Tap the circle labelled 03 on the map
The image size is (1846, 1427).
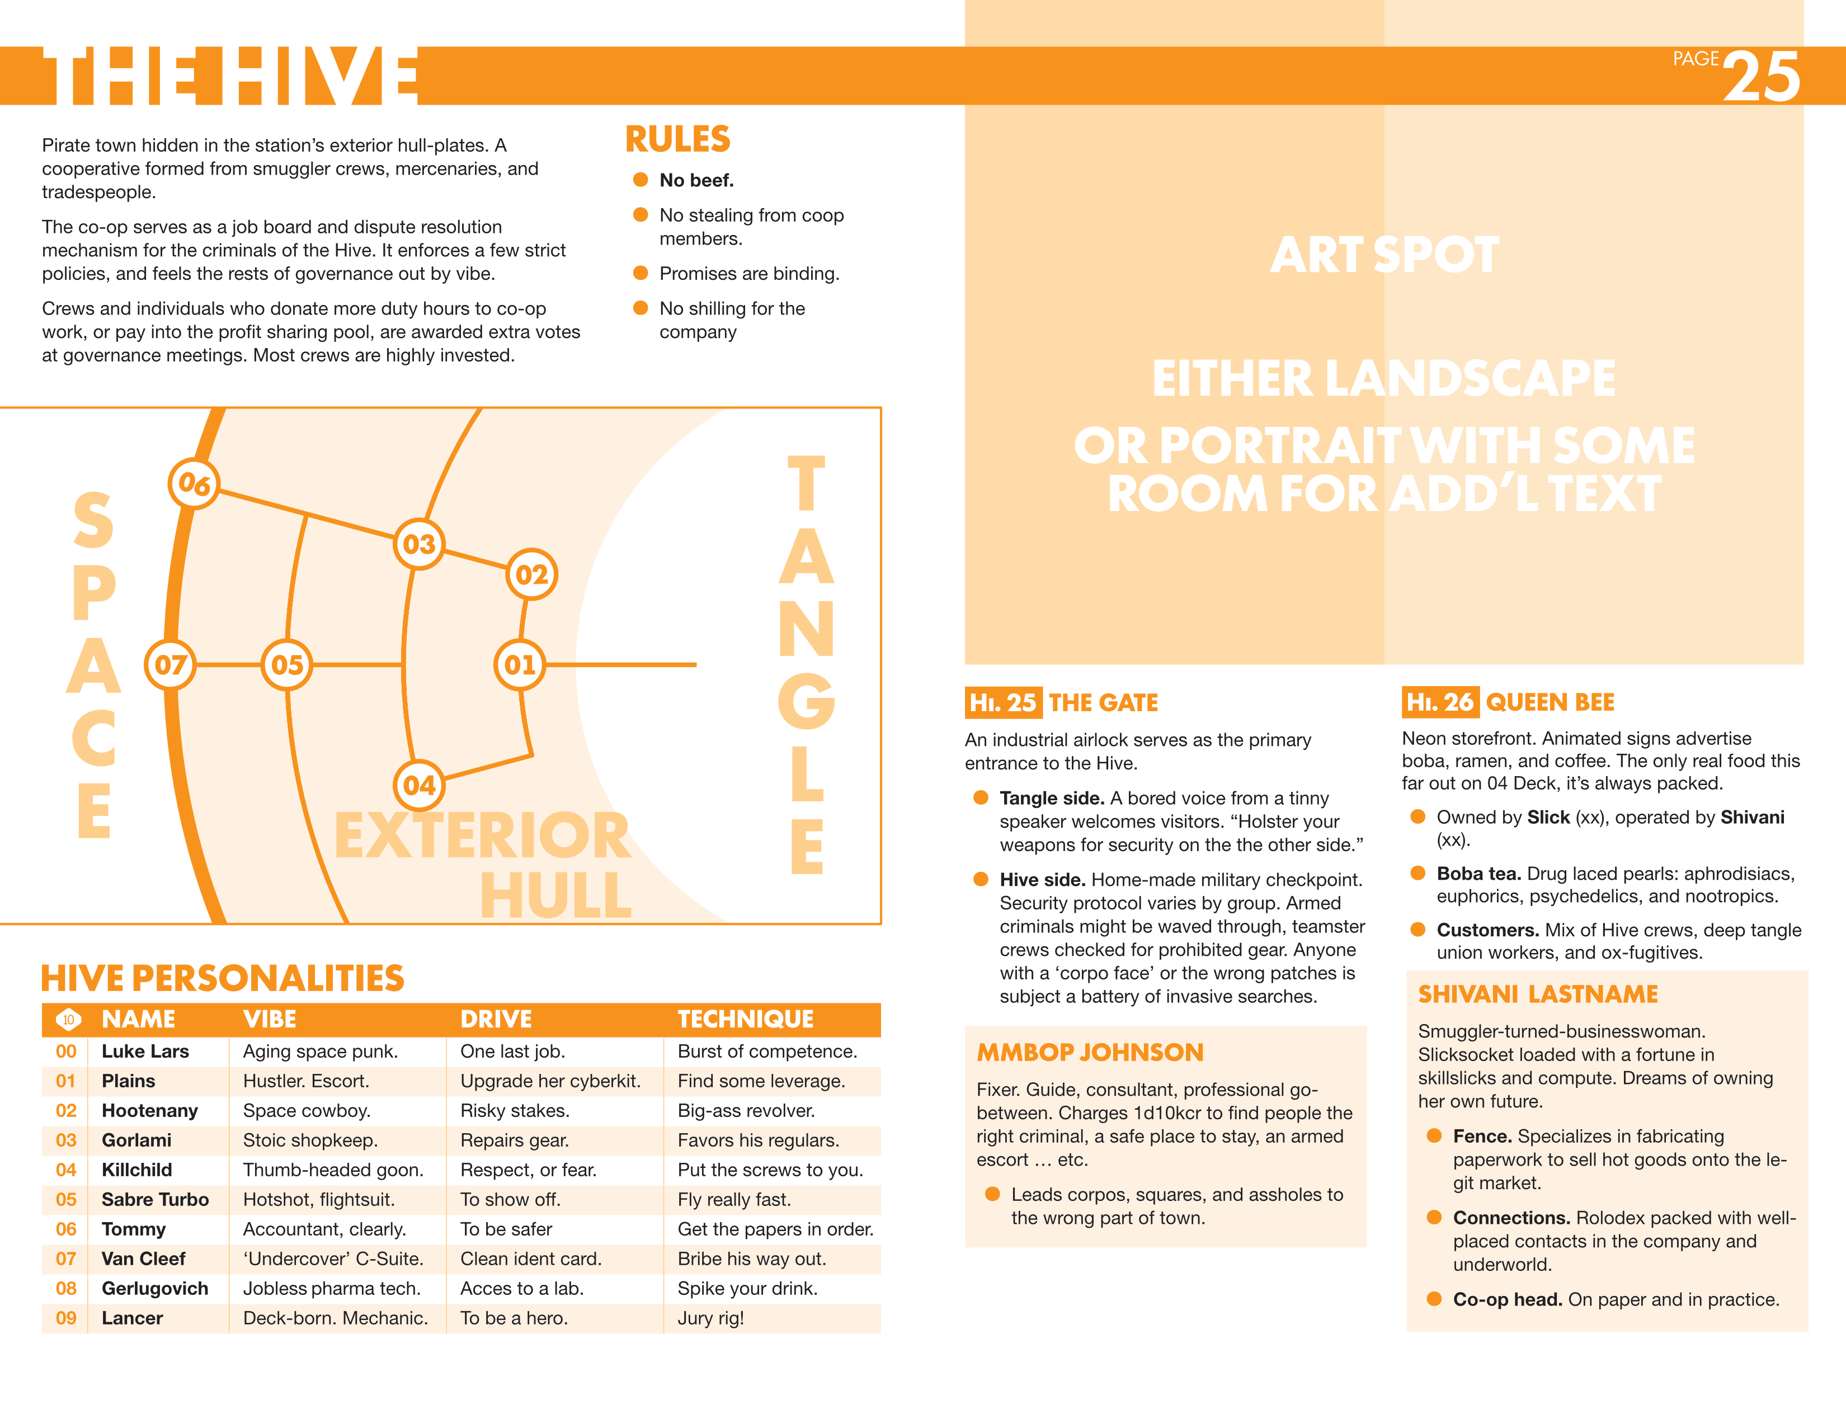pyautogui.click(x=418, y=543)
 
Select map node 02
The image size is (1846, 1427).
pyautogui.click(x=531, y=575)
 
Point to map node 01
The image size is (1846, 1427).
pyautogui.click(x=519, y=664)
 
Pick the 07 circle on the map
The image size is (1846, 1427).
pyautogui.click(x=170, y=664)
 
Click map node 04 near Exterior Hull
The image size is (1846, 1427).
pyautogui.click(x=418, y=785)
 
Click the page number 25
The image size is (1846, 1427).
pyautogui.click(x=1762, y=76)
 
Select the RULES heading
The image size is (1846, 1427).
pyautogui.click(x=677, y=139)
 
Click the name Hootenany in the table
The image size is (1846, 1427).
pyautogui.click(x=149, y=1111)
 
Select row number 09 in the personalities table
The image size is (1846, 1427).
pyautogui.click(x=66, y=1318)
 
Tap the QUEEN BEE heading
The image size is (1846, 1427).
pyautogui.click(x=1550, y=702)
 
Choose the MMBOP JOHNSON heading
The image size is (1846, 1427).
pyautogui.click(x=1090, y=1053)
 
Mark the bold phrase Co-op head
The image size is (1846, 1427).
pyautogui.click(x=1507, y=1299)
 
